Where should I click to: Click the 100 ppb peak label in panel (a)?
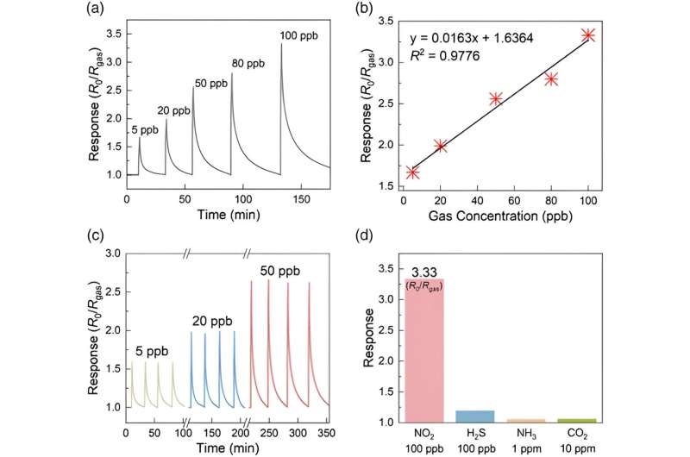[x=299, y=35]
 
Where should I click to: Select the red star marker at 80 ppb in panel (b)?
[x=551, y=79]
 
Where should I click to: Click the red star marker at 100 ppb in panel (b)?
[x=588, y=35]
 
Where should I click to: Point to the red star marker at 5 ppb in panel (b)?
[x=412, y=172]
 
